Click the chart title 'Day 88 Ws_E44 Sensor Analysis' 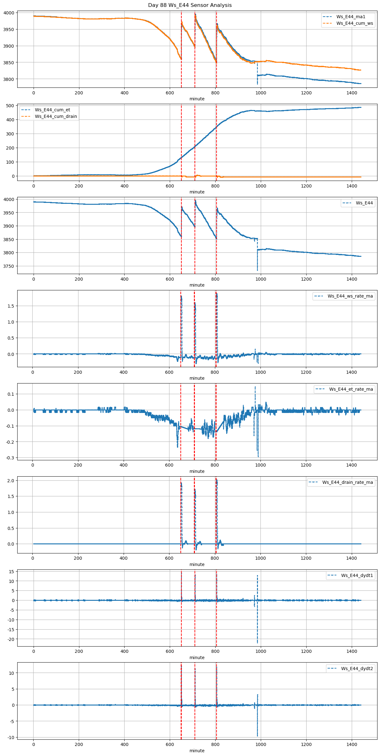click(x=190, y=5)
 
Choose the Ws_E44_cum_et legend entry click(x=52, y=110)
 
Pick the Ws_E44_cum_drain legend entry click(x=56, y=116)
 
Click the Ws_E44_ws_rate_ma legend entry click(x=350, y=296)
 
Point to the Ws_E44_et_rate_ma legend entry click(x=351, y=389)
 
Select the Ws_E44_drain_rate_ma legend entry click(x=347, y=482)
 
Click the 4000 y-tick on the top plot click(x=9, y=13)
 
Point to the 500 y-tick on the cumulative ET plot click(x=11, y=106)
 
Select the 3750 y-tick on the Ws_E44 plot click(x=9, y=266)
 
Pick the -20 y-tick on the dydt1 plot click(x=10, y=639)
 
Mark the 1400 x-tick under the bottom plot click(x=352, y=744)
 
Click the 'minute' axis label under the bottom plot click(x=197, y=751)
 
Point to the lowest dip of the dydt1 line click(x=257, y=643)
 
